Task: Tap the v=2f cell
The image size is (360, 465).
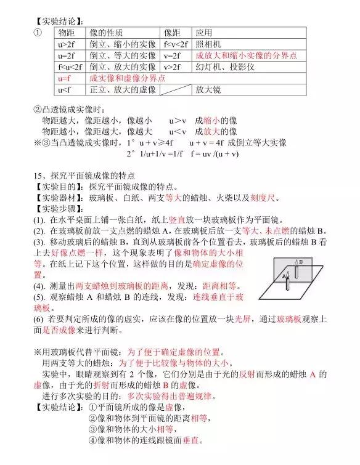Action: click(x=174, y=55)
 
